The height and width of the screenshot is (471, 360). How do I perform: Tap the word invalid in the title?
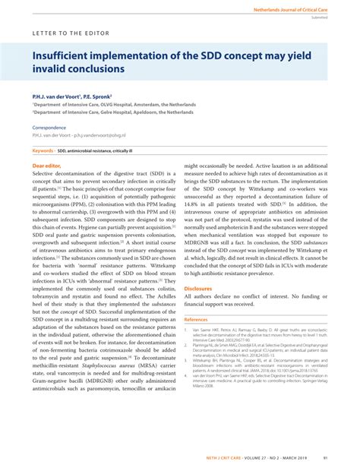[52, 69]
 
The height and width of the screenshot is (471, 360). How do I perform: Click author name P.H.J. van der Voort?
[58, 96]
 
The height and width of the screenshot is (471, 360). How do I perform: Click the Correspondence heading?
[49, 128]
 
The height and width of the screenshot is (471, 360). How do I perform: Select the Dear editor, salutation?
[46, 165]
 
